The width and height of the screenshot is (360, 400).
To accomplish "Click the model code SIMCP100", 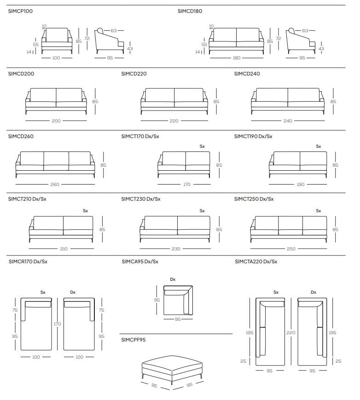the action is [20, 11].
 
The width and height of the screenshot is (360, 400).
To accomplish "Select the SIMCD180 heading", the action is [190, 11].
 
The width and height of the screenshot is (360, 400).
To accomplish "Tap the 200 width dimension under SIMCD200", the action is [56, 121].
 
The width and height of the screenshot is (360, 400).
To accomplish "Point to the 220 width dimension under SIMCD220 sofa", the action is [174, 121].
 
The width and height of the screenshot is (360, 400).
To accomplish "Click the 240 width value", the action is [288, 121].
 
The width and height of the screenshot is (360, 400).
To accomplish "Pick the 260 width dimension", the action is [55, 184].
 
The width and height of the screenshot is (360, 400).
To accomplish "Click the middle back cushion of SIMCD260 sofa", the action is [56, 158].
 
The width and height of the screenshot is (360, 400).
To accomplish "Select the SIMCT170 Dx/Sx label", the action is [140, 137].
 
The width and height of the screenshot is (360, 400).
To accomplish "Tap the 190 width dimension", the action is [301, 184].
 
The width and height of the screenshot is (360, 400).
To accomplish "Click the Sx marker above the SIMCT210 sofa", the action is [85, 211].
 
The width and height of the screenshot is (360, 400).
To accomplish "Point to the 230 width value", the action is [176, 249].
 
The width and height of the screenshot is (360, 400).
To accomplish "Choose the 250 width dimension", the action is [291, 249].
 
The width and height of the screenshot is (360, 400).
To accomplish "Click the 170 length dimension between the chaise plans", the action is [57, 324].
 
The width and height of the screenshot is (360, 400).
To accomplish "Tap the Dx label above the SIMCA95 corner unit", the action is [173, 279].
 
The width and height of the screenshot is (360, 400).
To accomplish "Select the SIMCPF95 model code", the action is [133, 340].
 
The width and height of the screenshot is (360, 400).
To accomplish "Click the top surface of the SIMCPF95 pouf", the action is [172, 362].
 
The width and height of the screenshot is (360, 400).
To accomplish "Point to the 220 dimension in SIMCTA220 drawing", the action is [291, 333].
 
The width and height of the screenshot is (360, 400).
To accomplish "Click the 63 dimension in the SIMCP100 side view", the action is [114, 31].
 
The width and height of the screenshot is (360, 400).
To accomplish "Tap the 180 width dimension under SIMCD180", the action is [237, 58].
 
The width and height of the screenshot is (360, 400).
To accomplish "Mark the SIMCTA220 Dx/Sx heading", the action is [256, 262].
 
